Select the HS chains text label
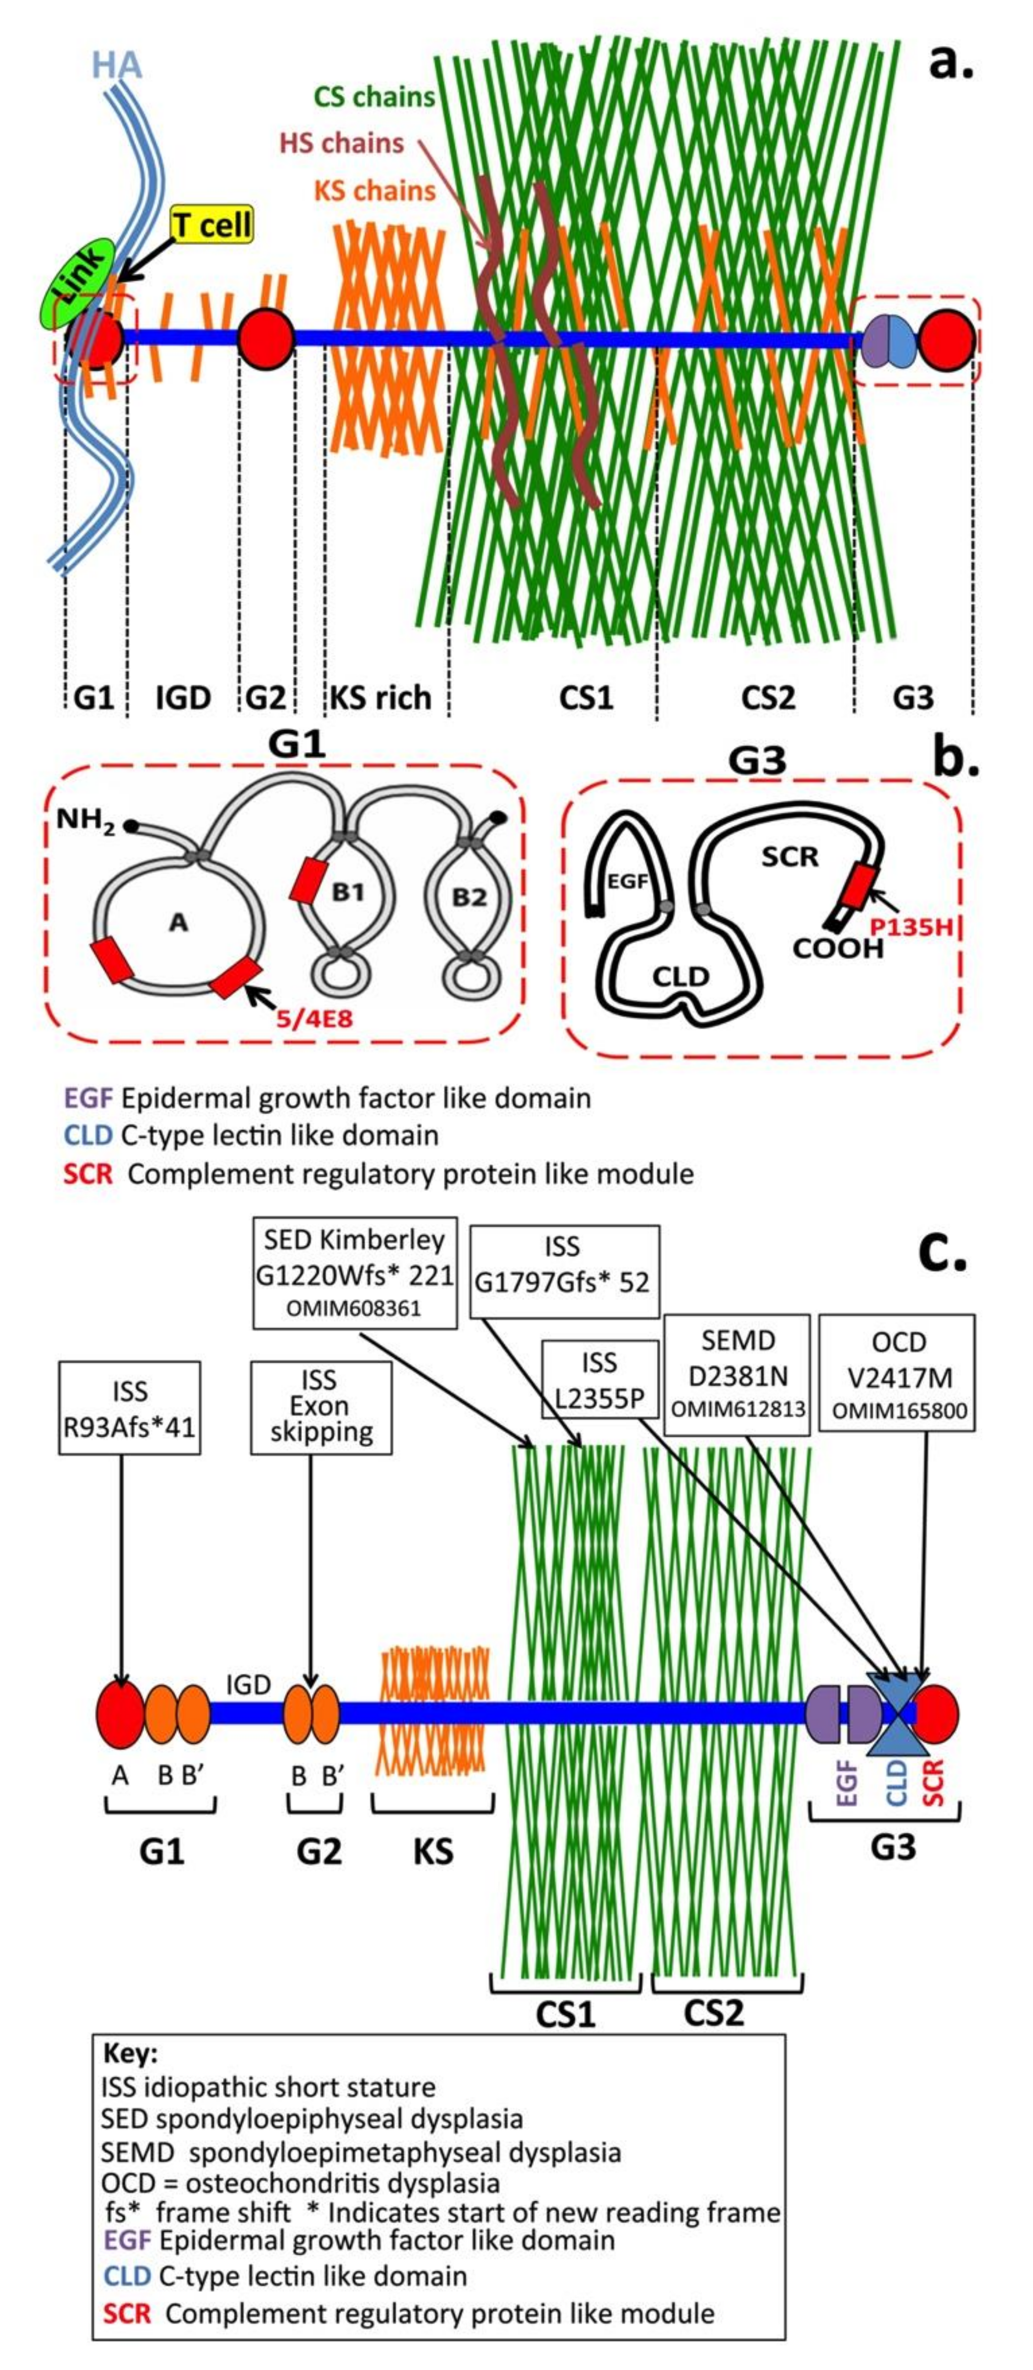pyautogui.click(x=341, y=143)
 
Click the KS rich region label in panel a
pyautogui.click(x=380, y=697)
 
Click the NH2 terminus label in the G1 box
pyautogui.click(x=86, y=820)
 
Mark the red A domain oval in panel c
pyautogui.click(x=120, y=1715)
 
